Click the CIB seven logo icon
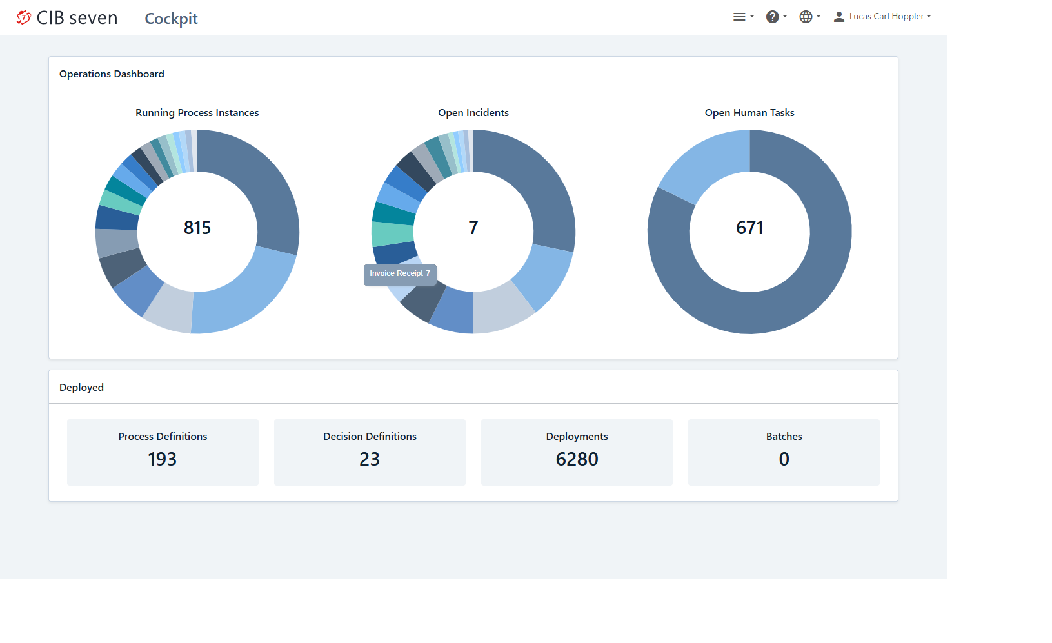pyautogui.click(x=23, y=17)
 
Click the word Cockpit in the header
pyautogui.click(x=171, y=19)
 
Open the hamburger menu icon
pyautogui.click(x=739, y=17)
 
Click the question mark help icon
pyautogui.click(x=772, y=17)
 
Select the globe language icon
pyautogui.click(x=806, y=17)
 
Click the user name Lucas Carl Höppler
pyautogui.click(x=886, y=17)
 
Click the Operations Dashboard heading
pyautogui.click(x=112, y=74)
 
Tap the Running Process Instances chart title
pyautogui.click(x=197, y=113)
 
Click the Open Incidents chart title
pyautogui.click(x=473, y=113)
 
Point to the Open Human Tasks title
pyautogui.click(x=749, y=113)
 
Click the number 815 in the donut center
pyautogui.click(x=197, y=228)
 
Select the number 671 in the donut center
pyautogui.click(x=749, y=228)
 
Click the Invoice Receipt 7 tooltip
pyautogui.click(x=400, y=274)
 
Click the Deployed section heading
pyautogui.click(x=81, y=388)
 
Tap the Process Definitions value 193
pyautogui.click(x=163, y=459)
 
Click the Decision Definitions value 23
pyautogui.click(x=370, y=459)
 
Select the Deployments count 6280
pyautogui.click(x=577, y=459)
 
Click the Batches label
pyautogui.click(x=784, y=437)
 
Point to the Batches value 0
pyautogui.click(x=784, y=459)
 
